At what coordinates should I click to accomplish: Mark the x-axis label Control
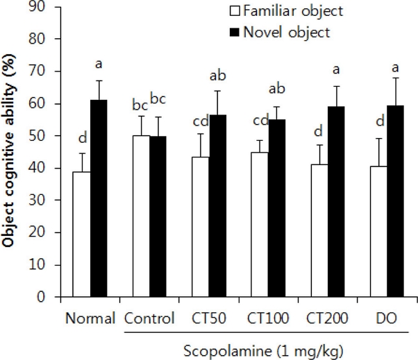coord(148,319)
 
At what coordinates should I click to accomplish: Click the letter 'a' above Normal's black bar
coord(99,65)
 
